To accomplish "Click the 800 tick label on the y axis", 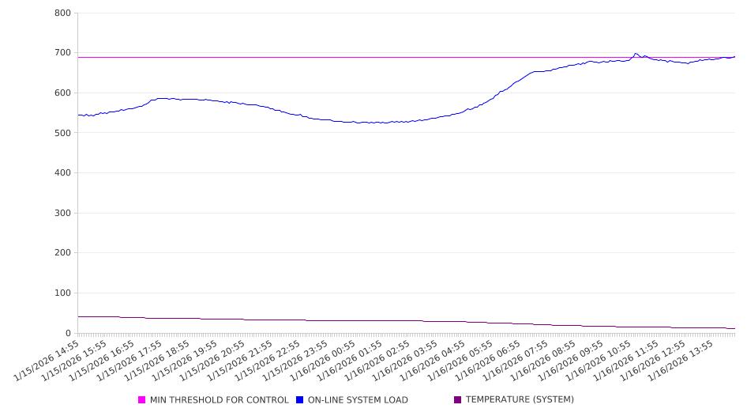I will [63, 13].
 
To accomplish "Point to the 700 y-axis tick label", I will [63, 53].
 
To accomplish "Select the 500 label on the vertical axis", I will [63, 133].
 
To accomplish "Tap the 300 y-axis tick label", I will [63, 213].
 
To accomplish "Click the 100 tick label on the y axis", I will [63, 293].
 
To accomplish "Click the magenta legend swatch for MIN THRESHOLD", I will [142, 400].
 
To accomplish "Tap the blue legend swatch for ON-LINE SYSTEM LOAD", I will [300, 400].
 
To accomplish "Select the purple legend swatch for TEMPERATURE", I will [458, 400].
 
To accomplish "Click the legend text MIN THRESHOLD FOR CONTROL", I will [219, 400].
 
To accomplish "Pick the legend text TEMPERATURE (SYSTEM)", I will [520, 400].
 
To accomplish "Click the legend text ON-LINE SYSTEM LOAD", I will [358, 400].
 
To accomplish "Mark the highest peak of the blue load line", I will [636, 54].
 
